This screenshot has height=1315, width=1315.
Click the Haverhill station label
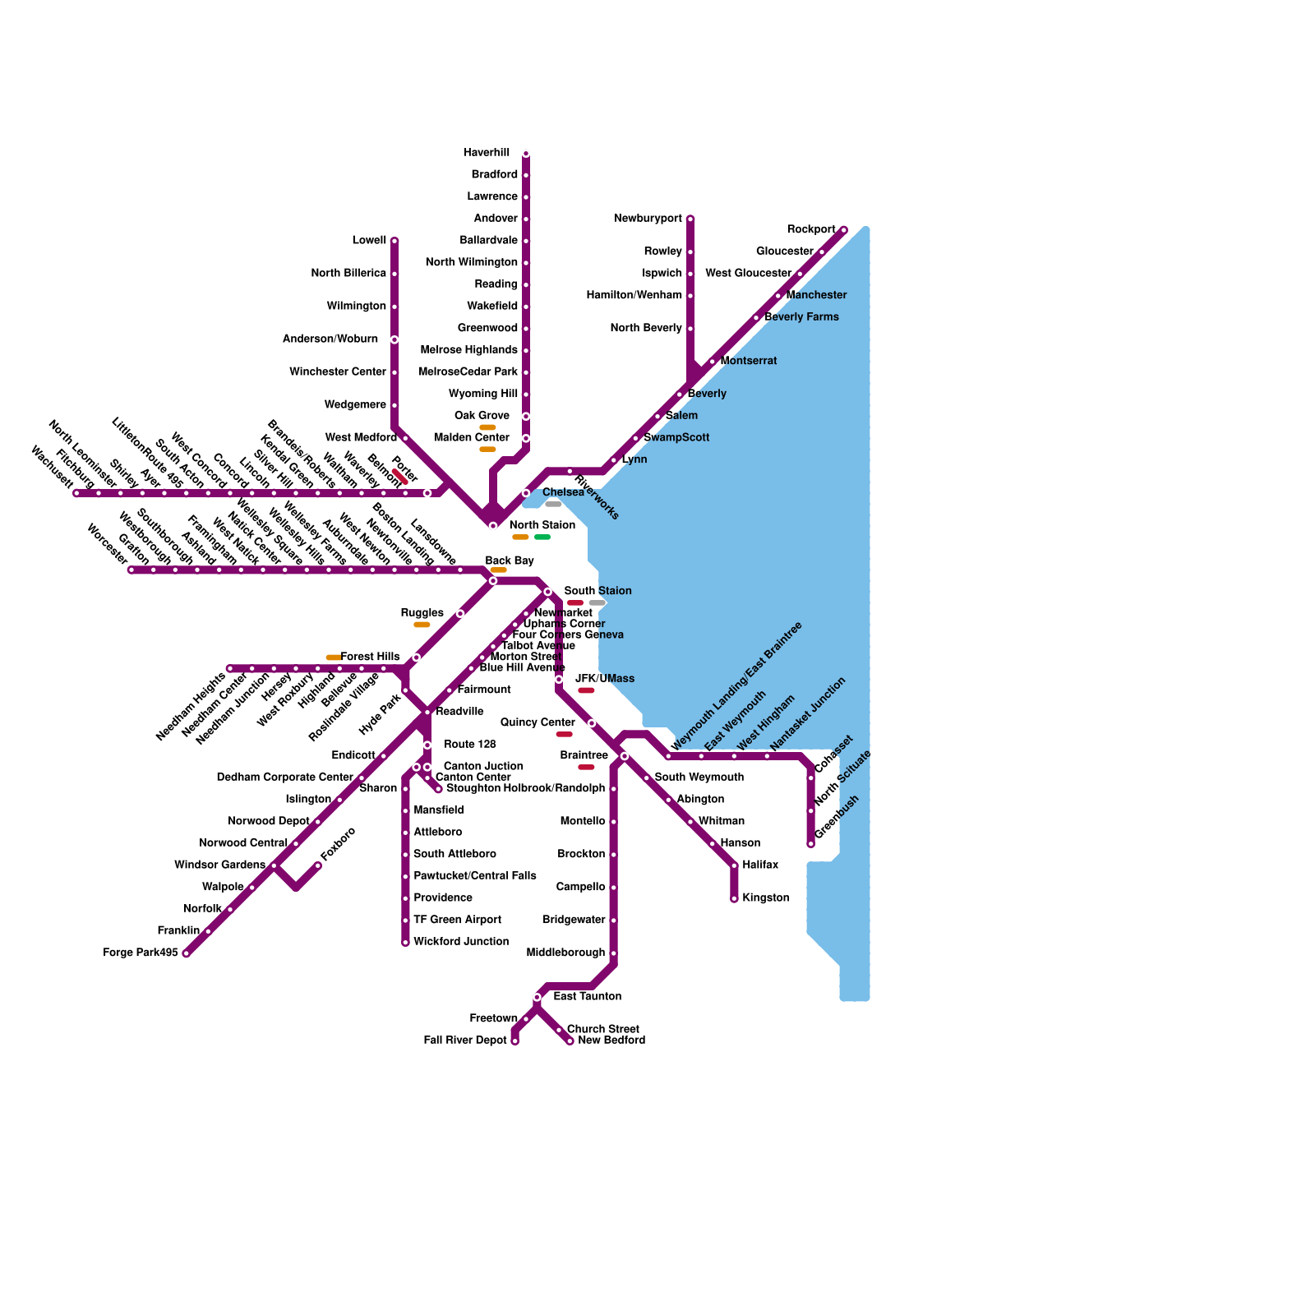click(487, 153)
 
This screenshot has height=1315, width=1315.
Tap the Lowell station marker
click(394, 241)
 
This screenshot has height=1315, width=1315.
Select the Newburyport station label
click(648, 219)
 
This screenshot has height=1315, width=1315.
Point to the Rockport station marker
click(843, 230)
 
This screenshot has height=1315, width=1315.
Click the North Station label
click(542, 525)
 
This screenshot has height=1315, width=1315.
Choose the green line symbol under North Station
click(542, 538)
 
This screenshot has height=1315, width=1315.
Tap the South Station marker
click(547, 592)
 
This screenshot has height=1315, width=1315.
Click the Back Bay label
click(510, 561)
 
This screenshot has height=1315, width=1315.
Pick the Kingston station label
click(765, 898)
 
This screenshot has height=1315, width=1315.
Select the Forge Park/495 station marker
click(187, 953)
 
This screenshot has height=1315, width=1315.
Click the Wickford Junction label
click(461, 942)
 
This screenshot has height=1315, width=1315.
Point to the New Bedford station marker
click(570, 1041)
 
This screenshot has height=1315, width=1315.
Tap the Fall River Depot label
click(465, 1040)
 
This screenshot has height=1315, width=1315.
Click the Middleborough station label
click(566, 953)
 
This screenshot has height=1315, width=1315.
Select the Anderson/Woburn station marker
click(394, 339)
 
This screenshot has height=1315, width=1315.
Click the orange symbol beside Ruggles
click(422, 625)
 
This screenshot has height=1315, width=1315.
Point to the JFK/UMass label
click(605, 679)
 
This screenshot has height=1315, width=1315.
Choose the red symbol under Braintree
click(586, 768)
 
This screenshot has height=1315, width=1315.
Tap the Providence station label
click(443, 898)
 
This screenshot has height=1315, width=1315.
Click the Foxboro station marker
click(318, 865)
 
